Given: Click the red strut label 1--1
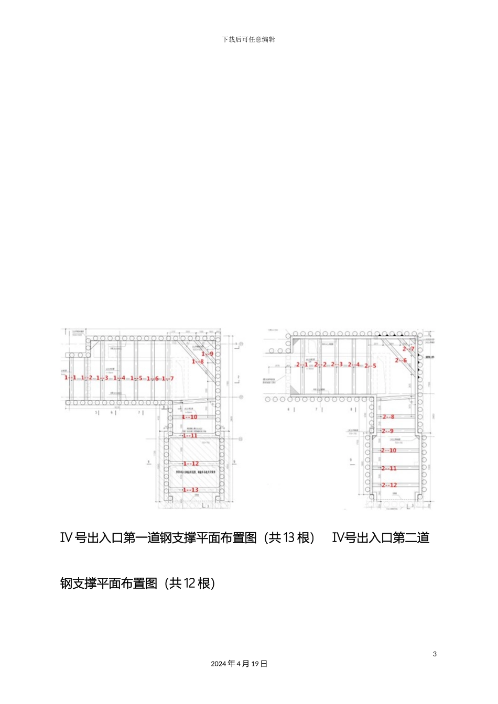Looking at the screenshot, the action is (x=70, y=378).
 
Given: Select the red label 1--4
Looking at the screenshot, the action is (x=120, y=378).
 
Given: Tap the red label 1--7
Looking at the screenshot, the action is (x=168, y=379).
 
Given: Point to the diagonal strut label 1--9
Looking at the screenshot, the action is (x=208, y=354).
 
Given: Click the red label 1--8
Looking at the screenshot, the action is (x=198, y=362).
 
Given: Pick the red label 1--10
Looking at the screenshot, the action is (x=190, y=417).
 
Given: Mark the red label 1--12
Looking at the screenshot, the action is (x=191, y=464).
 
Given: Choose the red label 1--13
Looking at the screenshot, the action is (x=191, y=490).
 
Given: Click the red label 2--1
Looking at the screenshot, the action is (x=302, y=365).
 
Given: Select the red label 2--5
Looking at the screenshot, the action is (x=370, y=366).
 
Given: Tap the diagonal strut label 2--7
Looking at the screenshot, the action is (x=408, y=349).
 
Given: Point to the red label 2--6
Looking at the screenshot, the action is (x=401, y=360).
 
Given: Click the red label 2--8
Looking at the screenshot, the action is (x=388, y=417).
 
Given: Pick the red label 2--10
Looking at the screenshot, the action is (x=389, y=450).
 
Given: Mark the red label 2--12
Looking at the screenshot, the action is (x=389, y=485).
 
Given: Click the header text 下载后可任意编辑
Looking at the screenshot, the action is (x=248, y=39).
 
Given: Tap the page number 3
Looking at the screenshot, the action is (x=435, y=654).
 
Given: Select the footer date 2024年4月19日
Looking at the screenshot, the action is (x=239, y=664).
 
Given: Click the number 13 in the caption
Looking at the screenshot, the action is (x=289, y=538).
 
